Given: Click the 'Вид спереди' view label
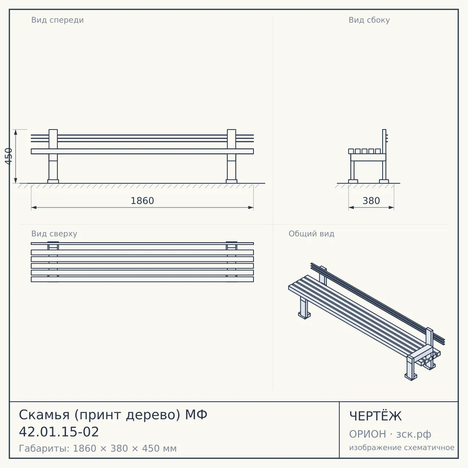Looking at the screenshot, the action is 58,20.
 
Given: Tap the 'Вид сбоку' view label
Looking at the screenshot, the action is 369,20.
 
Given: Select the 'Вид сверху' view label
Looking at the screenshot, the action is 54,234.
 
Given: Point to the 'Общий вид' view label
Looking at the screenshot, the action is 311,234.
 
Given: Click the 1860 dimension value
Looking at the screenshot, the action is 142,201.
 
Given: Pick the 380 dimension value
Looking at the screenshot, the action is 371,201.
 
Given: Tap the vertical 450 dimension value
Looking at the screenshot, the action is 9,156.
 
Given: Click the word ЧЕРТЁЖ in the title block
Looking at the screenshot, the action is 376,416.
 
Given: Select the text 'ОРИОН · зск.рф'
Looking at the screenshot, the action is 390,434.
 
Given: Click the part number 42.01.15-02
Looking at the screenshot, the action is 59,432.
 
